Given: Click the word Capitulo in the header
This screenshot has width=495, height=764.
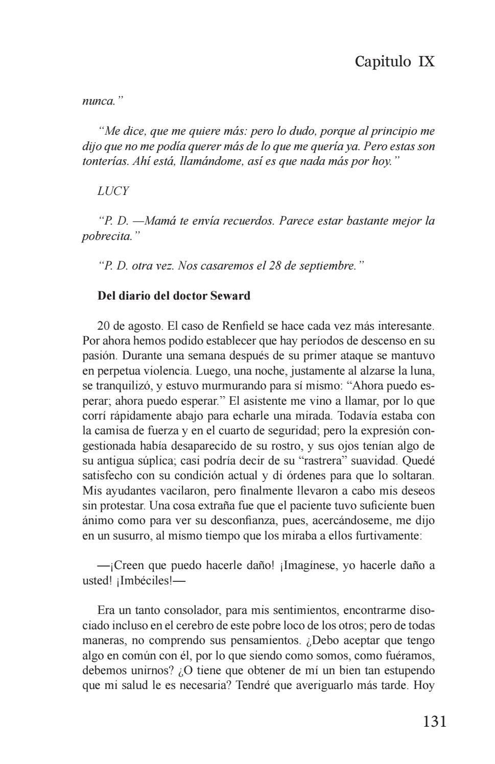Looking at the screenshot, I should (x=383, y=62).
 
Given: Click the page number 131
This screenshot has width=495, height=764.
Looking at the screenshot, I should (x=435, y=721).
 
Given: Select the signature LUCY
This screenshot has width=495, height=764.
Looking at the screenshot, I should (x=113, y=191).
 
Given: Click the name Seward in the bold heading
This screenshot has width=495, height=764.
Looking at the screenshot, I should (x=230, y=295).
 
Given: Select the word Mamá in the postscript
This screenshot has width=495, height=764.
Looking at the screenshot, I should (x=161, y=221).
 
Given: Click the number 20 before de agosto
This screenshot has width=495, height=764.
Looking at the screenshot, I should (x=104, y=326).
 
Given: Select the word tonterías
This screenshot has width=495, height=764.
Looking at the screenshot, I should (x=106, y=162).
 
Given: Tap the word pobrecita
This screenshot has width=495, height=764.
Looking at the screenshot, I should (x=107, y=236).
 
